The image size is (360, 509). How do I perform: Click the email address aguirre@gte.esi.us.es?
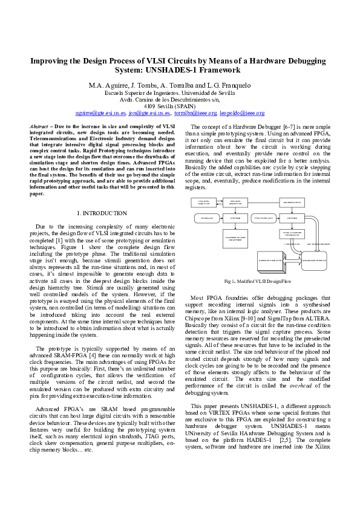(100, 112)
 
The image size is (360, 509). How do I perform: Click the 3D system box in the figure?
(272, 261)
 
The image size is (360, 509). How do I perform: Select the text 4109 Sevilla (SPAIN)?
(179, 106)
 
